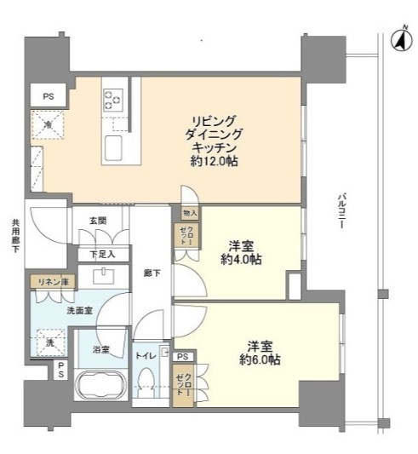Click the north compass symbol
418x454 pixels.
(x=402, y=40)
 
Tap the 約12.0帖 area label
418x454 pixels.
(x=214, y=161)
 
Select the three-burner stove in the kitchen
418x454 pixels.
(x=113, y=100)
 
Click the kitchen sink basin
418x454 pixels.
(x=113, y=148)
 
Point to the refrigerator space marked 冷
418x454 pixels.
(x=48, y=125)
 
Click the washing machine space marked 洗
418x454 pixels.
(x=51, y=342)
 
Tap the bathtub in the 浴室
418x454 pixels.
(x=100, y=385)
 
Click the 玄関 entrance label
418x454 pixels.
(x=98, y=221)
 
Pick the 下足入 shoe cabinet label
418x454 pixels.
(x=102, y=255)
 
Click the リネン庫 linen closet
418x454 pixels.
(x=54, y=282)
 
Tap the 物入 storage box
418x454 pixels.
(x=190, y=214)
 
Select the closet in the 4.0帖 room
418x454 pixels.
(x=186, y=235)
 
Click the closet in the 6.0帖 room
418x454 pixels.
(x=183, y=384)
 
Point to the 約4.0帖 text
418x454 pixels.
(x=241, y=259)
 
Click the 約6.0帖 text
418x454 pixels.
(x=260, y=359)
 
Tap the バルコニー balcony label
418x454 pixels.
(x=341, y=210)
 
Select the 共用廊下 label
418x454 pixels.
(x=15, y=236)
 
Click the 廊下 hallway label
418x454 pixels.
(x=152, y=273)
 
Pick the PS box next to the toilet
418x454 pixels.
(x=183, y=356)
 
